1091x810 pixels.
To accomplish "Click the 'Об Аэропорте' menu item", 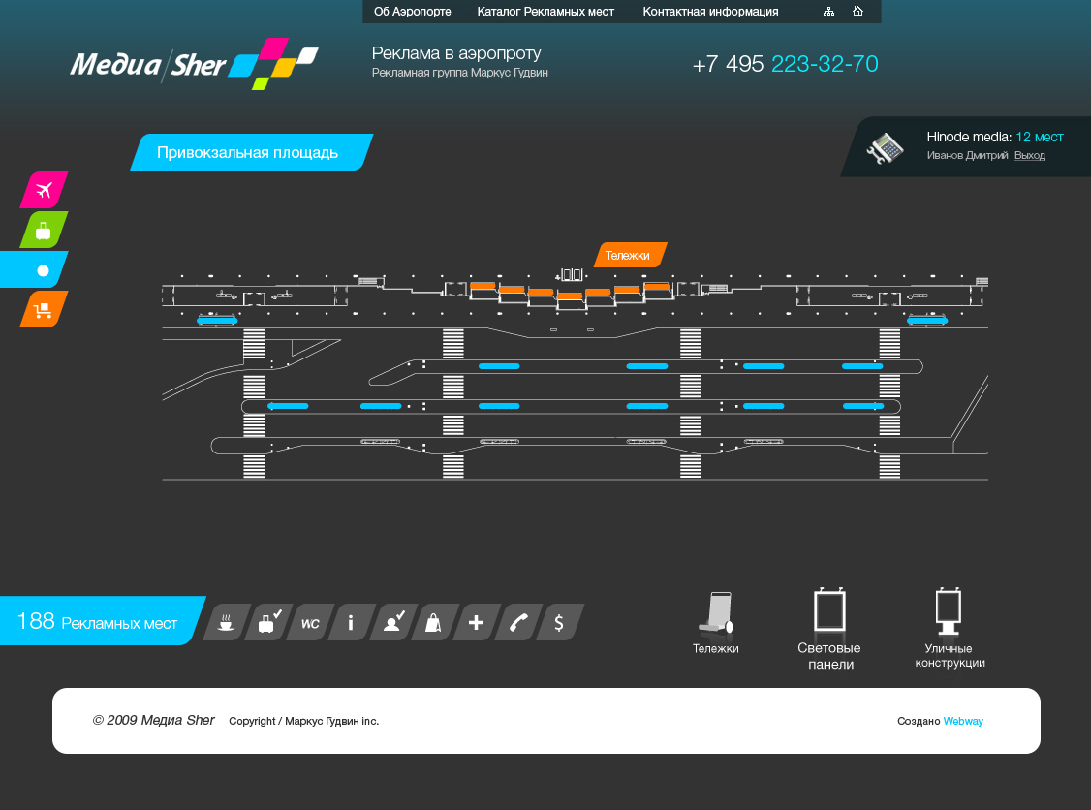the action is [x=412, y=11].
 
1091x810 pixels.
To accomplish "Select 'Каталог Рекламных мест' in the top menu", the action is [x=545, y=11].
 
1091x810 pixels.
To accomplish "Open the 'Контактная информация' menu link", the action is [x=710, y=11].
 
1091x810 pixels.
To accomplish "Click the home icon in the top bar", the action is [x=857, y=11].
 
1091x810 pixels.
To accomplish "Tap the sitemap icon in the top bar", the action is [x=828, y=11].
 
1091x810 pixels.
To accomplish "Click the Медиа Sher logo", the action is [x=194, y=63].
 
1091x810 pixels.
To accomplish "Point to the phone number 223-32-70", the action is [x=825, y=64].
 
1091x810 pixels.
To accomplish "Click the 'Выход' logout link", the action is [x=1030, y=155].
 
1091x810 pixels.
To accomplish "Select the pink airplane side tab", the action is [x=44, y=189].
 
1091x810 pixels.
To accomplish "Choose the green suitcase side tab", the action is [x=44, y=230].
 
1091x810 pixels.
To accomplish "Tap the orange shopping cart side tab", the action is [x=44, y=309].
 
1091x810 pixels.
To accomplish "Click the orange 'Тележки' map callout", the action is [x=631, y=255].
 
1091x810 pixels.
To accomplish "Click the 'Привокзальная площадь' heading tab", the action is [x=251, y=152].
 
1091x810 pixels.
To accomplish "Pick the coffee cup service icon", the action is [x=226, y=622].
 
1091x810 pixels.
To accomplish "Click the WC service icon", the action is [x=310, y=622].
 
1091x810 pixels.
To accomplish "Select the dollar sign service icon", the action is [x=560, y=622].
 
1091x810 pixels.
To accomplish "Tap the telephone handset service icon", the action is [x=518, y=622].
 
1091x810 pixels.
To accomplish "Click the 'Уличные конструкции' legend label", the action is [x=950, y=656].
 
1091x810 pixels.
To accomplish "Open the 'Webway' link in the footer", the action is [x=963, y=721].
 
